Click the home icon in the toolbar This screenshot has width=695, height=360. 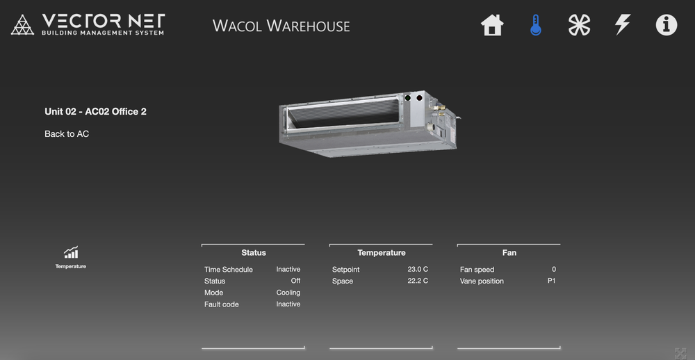click(492, 25)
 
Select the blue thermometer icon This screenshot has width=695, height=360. click(535, 25)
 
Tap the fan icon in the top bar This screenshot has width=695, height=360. click(580, 25)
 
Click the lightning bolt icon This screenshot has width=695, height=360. click(622, 25)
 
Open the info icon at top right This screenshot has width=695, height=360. click(667, 25)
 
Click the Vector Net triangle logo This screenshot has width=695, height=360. click(23, 25)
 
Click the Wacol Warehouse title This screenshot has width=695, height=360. click(281, 26)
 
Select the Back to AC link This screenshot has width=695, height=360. click(67, 134)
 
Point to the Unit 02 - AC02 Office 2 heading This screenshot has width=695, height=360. click(95, 112)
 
